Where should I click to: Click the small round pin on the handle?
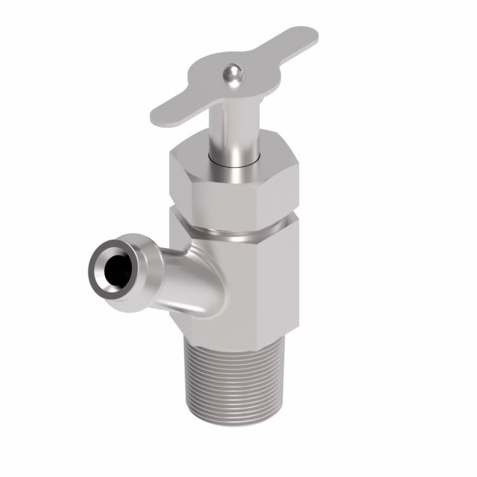[x=233, y=73]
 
